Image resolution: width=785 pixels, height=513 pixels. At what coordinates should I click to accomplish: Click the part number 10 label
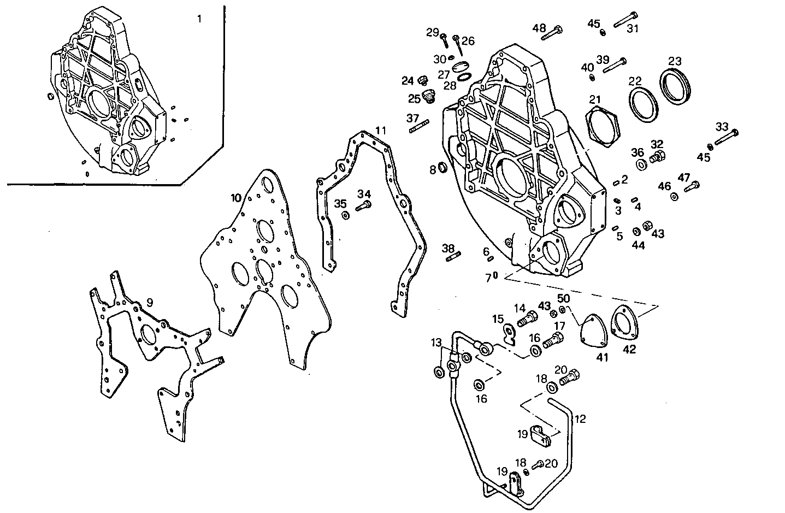[235, 197]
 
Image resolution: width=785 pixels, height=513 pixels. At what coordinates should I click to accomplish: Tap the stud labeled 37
[417, 129]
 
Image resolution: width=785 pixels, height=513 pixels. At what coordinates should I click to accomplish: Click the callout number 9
[149, 302]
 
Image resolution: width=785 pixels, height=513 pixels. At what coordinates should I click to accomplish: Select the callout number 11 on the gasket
[381, 131]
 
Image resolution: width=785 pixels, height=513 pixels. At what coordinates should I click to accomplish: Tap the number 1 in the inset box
[199, 19]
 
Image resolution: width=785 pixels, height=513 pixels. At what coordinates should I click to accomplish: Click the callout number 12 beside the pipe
[580, 420]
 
